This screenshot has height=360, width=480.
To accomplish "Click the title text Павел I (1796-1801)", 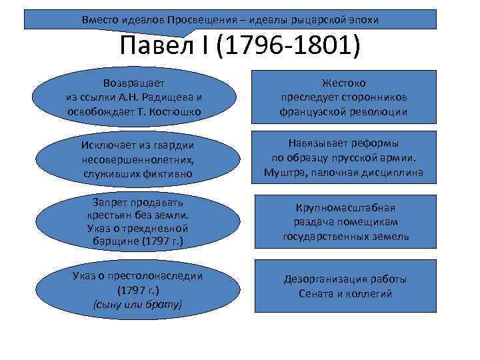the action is point(240,47).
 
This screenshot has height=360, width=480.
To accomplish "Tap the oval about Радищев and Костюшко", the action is point(134,97).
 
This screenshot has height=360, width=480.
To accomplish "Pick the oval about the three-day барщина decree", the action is point(135,221).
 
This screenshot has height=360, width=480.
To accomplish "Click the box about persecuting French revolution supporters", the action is point(343,97).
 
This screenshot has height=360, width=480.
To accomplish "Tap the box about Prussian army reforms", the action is point(343,159).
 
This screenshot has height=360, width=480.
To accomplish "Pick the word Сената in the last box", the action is point(315,293).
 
